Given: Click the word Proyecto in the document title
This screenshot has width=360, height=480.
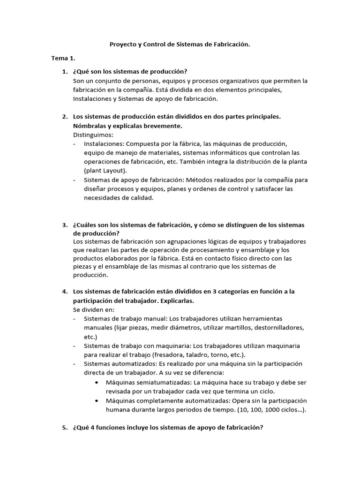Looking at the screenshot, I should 123,45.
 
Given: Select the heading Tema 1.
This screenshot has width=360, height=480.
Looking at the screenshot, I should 63,58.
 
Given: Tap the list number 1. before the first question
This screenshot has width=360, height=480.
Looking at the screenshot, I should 65,71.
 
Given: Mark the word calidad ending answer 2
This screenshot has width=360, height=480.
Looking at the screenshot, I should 140,197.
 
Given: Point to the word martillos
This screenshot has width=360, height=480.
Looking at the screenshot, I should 240,327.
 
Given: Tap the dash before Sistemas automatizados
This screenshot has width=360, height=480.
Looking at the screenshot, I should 75,364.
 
